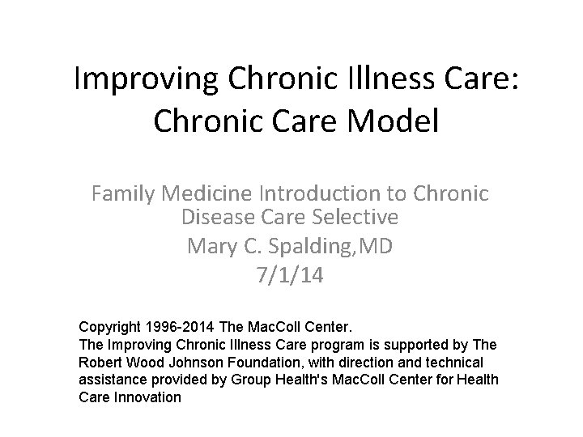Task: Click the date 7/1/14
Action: click(x=289, y=276)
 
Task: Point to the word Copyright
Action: click(x=112, y=328)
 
